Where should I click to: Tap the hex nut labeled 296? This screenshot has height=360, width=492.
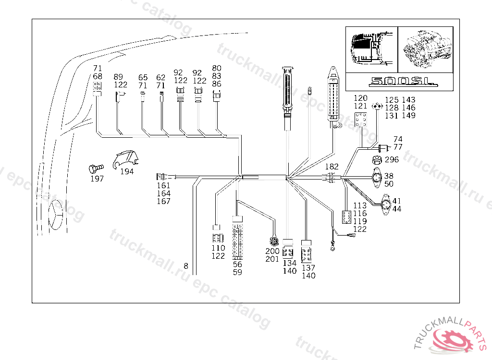click(378, 159)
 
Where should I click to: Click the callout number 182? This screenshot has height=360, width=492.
click(332, 167)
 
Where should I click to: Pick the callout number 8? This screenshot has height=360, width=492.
click(186, 266)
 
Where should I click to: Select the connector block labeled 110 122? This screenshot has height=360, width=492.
click(218, 235)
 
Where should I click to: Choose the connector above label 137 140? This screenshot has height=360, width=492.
click(306, 251)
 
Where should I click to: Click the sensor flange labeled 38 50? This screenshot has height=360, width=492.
click(376, 179)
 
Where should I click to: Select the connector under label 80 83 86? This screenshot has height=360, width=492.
click(217, 97)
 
